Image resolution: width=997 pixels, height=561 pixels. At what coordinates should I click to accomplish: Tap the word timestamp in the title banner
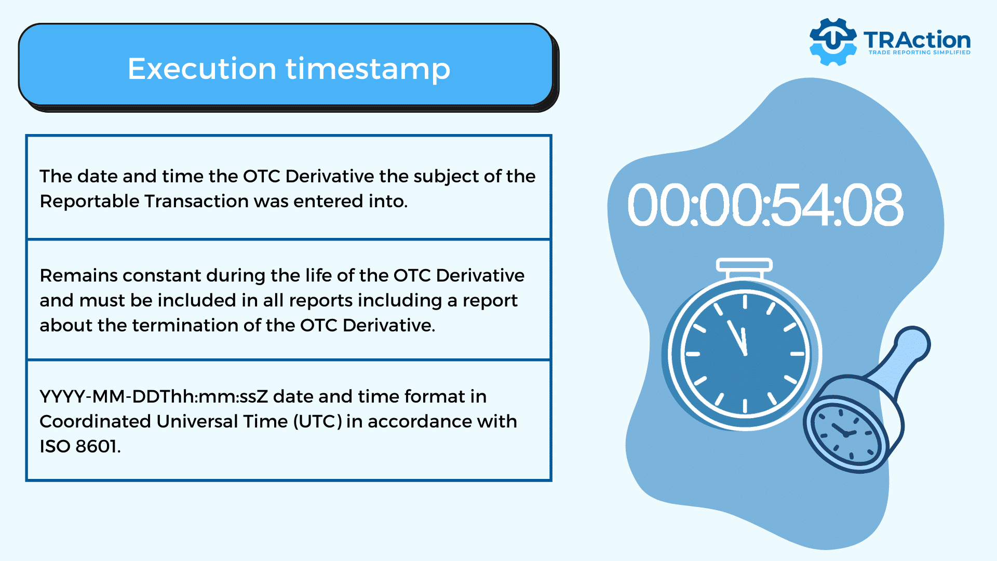(x=368, y=70)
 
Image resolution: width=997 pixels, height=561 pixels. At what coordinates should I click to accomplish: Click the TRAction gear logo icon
(x=833, y=42)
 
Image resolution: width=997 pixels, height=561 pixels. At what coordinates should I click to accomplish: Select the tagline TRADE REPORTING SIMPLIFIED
(x=919, y=52)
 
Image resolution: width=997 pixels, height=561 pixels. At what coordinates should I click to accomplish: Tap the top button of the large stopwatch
(x=744, y=265)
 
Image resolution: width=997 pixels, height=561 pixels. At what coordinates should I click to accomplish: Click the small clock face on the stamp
(x=845, y=433)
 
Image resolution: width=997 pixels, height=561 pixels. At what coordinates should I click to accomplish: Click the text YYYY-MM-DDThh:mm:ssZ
(x=154, y=396)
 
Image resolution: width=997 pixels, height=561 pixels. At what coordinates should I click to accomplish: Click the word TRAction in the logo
(x=917, y=40)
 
